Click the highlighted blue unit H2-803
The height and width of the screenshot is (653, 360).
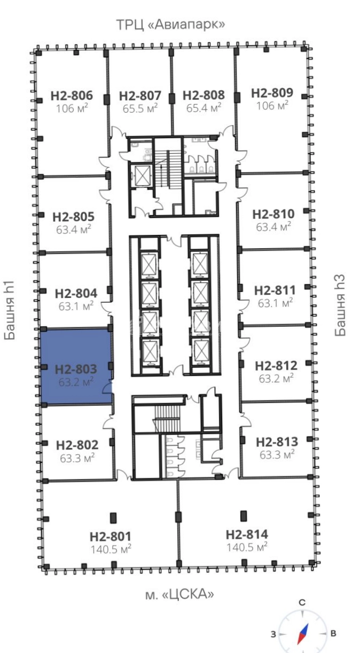click(x=76, y=366)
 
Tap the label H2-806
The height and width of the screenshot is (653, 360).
click(x=72, y=96)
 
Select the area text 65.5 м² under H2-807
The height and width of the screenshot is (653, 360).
click(x=140, y=108)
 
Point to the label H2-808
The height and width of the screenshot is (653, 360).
click(x=204, y=95)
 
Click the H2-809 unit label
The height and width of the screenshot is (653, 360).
click(x=272, y=93)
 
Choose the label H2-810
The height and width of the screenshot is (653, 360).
click(x=273, y=214)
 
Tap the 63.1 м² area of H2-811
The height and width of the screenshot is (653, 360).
click(x=275, y=303)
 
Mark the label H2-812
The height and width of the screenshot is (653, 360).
click(x=276, y=366)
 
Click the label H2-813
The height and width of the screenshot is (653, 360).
click(x=277, y=442)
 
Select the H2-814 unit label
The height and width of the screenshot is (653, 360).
click(x=247, y=534)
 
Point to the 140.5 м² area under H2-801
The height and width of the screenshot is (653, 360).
click(x=111, y=549)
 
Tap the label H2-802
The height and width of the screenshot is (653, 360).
click(x=77, y=445)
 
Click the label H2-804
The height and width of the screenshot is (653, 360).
click(x=76, y=293)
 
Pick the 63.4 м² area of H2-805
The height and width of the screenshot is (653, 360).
click(x=74, y=230)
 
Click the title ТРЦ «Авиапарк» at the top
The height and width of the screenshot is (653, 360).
click(x=171, y=25)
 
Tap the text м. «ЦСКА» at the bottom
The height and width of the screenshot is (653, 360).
click(x=179, y=594)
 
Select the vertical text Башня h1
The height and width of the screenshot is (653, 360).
click(x=10, y=310)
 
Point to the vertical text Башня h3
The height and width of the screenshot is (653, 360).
click(x=340, y=305)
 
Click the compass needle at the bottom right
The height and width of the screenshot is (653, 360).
click(x=303, y=634)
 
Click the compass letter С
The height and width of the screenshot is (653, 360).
click(x=302, y=603)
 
